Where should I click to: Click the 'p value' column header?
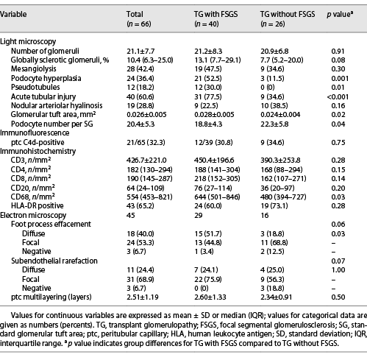coord(340,15)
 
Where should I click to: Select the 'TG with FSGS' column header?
coord(215,14)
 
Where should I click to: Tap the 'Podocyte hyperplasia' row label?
coord(46,79)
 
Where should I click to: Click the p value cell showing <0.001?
coord(338,96)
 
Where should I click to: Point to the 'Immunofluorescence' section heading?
coord(35,133)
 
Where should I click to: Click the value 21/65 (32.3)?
coord(146,143)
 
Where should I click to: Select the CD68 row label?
coord(33,197)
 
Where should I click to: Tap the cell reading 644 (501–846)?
coord(217,197)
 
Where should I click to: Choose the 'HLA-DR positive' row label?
coord(38,205)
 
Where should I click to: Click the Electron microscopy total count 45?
coord(131,215)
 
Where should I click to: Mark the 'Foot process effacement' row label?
coord(51,224)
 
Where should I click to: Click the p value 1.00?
coord(338,270)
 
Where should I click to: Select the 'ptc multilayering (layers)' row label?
coord(51,297)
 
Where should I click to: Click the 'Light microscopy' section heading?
coord(28,41)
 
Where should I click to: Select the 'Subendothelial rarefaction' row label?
coord(54,261)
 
